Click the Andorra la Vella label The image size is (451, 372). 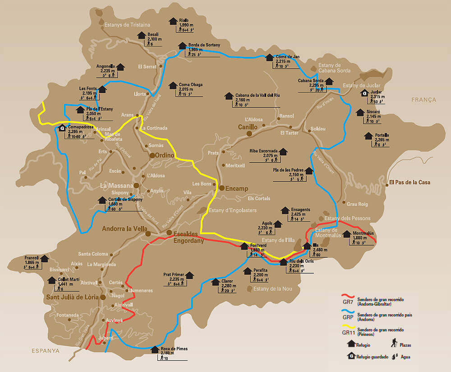pos(122,228)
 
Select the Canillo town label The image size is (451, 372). pos(248,127)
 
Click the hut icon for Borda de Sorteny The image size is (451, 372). pos(182,46)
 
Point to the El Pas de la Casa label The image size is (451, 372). pos(410,182)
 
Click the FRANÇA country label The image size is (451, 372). pos(423,100)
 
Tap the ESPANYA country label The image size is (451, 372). pos(46,350)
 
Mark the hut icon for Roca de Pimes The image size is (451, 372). pos(155,349)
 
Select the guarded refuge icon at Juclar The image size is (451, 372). pos(364,93)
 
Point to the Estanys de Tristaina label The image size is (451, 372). pos(127,25)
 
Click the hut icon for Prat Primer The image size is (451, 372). pos(189,275)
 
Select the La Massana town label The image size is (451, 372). pos(116,186)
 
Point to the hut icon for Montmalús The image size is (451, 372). pos(347,234)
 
